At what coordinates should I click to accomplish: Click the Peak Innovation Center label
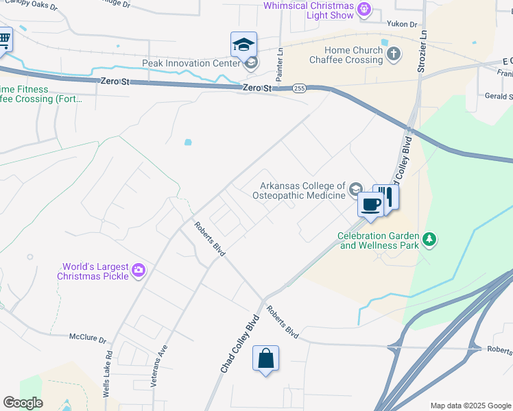pyautogui.click(x=191, y=64)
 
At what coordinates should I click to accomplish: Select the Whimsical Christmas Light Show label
pyautogui.click(x=309, y=10)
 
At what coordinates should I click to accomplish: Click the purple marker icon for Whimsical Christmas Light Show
pyautogui.click(x=364, y=10)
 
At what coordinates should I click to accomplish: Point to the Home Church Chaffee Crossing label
pyautogui.click(x=344, y=55)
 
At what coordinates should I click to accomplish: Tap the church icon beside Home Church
pyautogui.click(x=394, y=53)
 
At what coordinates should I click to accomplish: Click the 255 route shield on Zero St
pyautogui.click(x=299, y=88)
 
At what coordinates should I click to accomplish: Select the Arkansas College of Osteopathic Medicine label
pyautogui.click(x=302, y=190)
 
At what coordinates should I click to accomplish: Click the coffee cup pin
pyautogui.click(x=371, y=204)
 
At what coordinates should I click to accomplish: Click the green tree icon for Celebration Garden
pyautogui.click(x=430, y=239)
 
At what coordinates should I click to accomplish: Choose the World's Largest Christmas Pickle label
pyautogui.click(x=95, y=271)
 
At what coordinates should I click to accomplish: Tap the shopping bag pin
pyautogui.click(x=265, y=359)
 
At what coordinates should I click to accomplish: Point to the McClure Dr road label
pyautogui.click(x=88, y=339)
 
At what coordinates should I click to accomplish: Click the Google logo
pyautogui.click(x=23, y=403)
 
